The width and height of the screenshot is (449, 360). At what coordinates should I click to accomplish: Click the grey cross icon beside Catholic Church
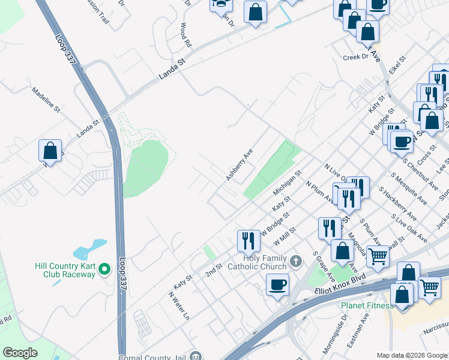click(x=295, y=262)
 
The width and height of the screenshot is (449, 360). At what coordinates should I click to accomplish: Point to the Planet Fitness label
click(x=367, y=305)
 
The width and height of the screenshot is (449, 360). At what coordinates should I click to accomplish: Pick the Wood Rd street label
click(x=186, y=35)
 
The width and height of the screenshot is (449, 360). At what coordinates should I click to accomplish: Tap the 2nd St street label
click(x=214, y=270)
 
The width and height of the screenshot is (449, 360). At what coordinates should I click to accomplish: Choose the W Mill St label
click(x=285, y=236)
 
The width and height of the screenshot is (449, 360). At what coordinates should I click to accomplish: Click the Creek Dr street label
click(x=355, y=57)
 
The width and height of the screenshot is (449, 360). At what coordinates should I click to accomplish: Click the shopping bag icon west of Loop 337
click(x=50, y=151)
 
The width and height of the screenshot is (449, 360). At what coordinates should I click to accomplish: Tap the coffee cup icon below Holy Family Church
click(x=277, y=284)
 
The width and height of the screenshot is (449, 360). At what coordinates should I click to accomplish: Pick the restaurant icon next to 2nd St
click(x=248, y=241)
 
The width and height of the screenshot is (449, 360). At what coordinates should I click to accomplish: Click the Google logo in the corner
click(x=20, y=353)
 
